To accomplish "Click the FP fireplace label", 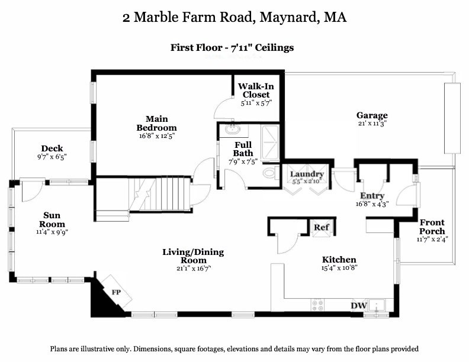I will pos(117,292).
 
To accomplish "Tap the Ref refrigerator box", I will pos(321,227).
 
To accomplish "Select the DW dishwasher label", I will pos(359,305).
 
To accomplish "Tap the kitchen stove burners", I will pos(319,305).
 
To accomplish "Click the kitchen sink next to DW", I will pos(377,306).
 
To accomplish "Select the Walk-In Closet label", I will pos(256,90).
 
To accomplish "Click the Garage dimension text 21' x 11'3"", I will pos(371,124).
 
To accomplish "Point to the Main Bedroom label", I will pos(157,123).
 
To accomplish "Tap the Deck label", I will pos(52,148).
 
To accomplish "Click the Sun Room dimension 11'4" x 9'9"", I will pos(52,232).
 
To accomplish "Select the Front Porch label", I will pos(432,227).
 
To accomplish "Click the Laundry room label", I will pos(306,174).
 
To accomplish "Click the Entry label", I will pos(372,196).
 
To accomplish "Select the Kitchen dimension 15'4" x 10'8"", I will pos(339,267).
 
